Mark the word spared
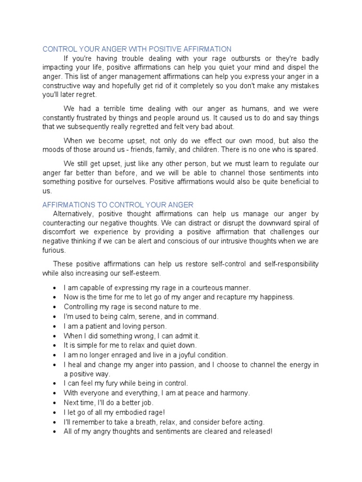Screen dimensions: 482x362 point(306,150)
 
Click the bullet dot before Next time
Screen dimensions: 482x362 point(56,403)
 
